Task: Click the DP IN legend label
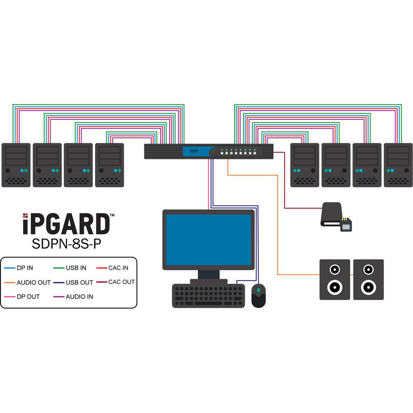[x=25, y=268]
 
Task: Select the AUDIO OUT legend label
[x=33, y=282]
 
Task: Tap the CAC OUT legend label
[x=121, y=282]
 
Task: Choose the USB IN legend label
[x=76, y=268]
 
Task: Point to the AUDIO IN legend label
[x=79, y=297]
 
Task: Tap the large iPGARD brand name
[x=66, y=223]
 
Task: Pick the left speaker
[x=335, y=279]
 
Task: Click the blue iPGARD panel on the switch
[x=195, y=152]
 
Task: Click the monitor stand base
[x=209, y=281]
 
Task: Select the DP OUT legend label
[x=28, y=297]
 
